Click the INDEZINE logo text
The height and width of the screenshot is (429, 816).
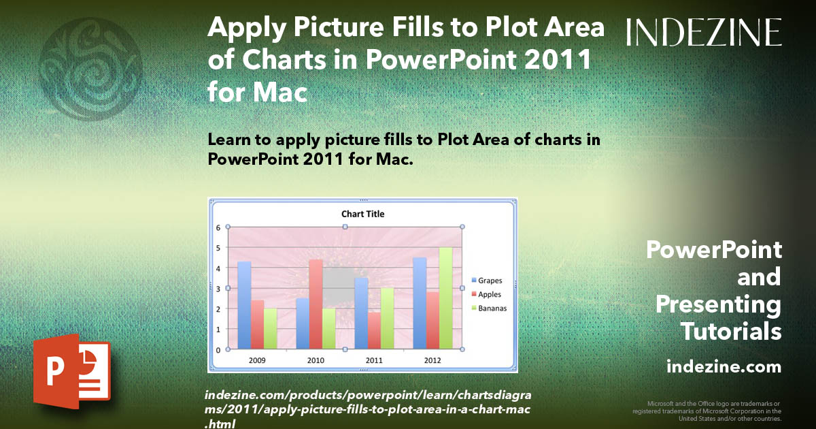tap(704, 32)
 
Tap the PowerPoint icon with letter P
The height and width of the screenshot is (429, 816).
tap(72, 371)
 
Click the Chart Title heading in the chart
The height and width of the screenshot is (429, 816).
tap(362, 214)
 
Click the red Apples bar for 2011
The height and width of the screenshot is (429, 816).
tap(373, 330)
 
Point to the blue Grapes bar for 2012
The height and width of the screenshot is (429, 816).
tap(420, 303)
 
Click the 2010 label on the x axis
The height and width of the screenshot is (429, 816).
tap(316, 360)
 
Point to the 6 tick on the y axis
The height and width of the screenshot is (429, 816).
tap(219, 227)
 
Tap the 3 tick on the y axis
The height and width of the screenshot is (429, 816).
tap(219, 288)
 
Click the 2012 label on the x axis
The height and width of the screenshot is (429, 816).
tap(432, 360)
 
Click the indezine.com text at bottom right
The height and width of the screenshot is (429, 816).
tap(724, 367)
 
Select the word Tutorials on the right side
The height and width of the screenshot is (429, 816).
tap(730, 332)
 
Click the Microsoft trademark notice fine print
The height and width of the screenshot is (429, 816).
tap(707, 411)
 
